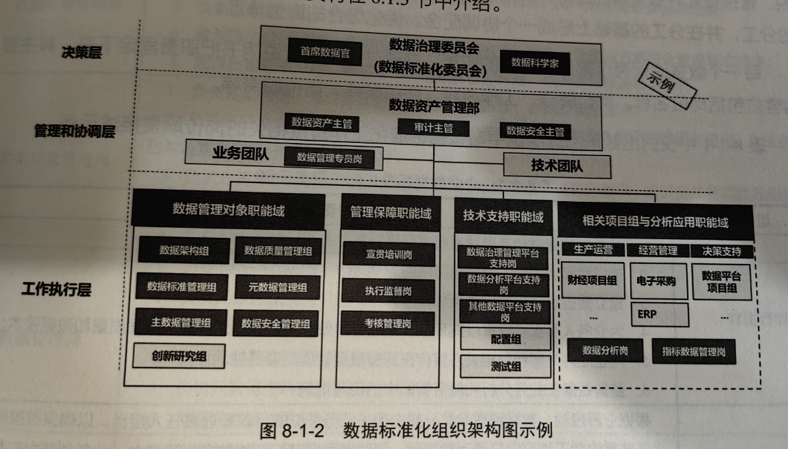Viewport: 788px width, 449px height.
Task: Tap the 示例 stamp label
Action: coord(668,82)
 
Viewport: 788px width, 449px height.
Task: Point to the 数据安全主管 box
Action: coord(535,130)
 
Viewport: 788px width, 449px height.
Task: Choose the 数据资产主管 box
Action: coord(321,124)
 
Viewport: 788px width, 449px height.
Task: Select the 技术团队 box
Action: coord(556,166)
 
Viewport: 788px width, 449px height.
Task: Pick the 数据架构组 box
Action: coord(185,251)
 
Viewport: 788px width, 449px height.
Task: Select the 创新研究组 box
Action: coord(178,356)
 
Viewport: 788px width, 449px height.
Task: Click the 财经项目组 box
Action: coord(592,281)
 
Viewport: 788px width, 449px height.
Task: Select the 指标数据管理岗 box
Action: coord(694,351)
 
